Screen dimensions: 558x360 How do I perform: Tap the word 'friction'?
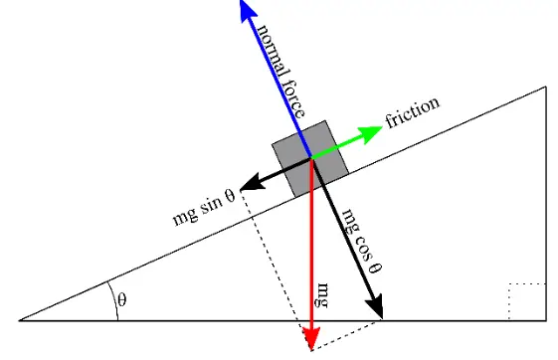coord(412,111)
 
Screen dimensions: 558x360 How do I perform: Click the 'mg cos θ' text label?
coord(362,240)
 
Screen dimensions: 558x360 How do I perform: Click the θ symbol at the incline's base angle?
coord(122,299)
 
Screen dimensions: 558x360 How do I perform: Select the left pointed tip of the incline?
coord(21,321)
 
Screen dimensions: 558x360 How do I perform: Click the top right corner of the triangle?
coord(546,88)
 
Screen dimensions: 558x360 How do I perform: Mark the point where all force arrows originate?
coord(311,156)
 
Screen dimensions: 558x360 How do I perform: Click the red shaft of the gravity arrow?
coord(311,249)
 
